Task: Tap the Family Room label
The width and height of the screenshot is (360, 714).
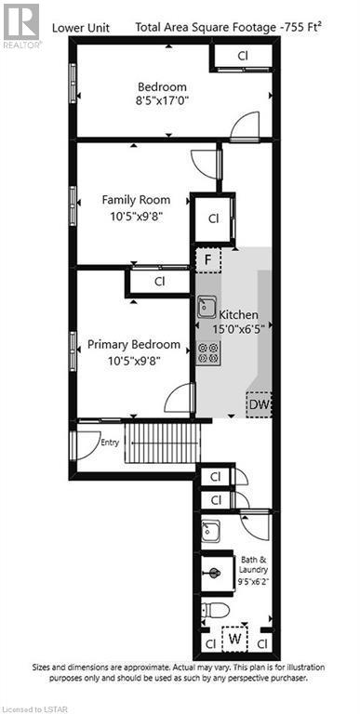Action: click(135, 200)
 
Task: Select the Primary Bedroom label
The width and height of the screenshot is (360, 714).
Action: click(135, 344)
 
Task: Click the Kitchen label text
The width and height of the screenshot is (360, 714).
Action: click(239, 315)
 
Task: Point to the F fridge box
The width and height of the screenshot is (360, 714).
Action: click(207, 258)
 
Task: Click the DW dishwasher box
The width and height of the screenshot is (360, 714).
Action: click(260, 405)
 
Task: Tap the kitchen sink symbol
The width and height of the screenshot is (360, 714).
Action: click(207, 308)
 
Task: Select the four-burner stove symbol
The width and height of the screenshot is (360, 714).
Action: click(207, 351)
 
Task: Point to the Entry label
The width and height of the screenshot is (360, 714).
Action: click(110, 442)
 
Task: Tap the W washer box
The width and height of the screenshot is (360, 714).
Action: click(235, 641)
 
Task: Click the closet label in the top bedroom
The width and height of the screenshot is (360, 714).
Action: click(242, 56)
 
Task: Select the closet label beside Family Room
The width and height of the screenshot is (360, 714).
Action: click(213, 218)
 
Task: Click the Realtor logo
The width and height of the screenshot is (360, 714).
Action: click(20, 25)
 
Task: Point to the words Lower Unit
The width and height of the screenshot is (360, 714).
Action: click(80, 28)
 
